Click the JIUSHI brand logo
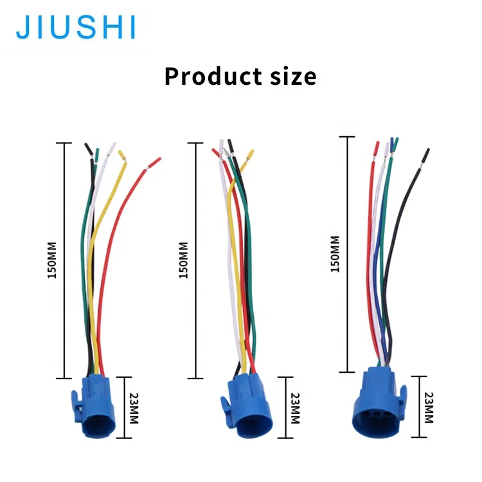tap(76, 27)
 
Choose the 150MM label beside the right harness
tap(335, 254)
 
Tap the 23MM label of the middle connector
tap(296, 407)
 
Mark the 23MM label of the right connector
tap(429, 407)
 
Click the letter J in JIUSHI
tap(22, 27)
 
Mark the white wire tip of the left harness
tap(112, 147)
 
